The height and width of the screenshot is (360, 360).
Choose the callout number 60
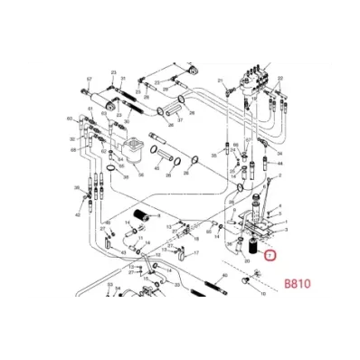(70, 118)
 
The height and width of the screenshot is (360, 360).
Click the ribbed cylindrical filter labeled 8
(139, 215)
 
